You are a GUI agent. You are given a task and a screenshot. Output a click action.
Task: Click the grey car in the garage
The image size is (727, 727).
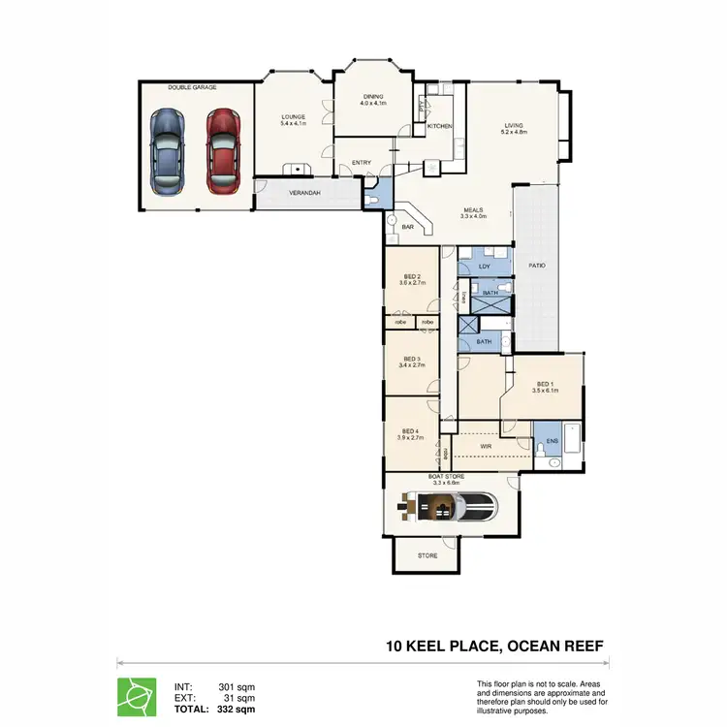[168, 151]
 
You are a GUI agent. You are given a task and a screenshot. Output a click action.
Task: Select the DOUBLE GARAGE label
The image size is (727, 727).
[192, 87]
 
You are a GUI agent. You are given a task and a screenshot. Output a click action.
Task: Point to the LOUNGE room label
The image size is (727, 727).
[293, 117]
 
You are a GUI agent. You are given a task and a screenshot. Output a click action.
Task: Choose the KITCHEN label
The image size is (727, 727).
[440, 126]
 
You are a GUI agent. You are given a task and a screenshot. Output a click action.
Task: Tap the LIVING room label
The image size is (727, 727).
[513, 124]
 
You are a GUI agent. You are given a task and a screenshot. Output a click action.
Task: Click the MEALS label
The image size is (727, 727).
[473, 207]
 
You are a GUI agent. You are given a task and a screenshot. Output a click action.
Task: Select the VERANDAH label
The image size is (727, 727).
[305, 194]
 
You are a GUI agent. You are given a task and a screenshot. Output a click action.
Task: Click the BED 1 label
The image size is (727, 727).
[544, 383]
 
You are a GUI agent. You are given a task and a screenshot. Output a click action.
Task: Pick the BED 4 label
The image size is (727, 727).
[409, 431]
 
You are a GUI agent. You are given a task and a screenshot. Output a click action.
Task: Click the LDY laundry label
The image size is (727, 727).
[484, 266]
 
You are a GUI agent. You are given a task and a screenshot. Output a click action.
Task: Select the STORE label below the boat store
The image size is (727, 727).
[427, 555]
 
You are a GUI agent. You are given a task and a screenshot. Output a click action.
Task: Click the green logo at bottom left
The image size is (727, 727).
[136, 696]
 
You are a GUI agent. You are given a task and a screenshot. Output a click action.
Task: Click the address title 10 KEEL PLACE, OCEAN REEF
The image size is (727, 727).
[496, 646]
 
